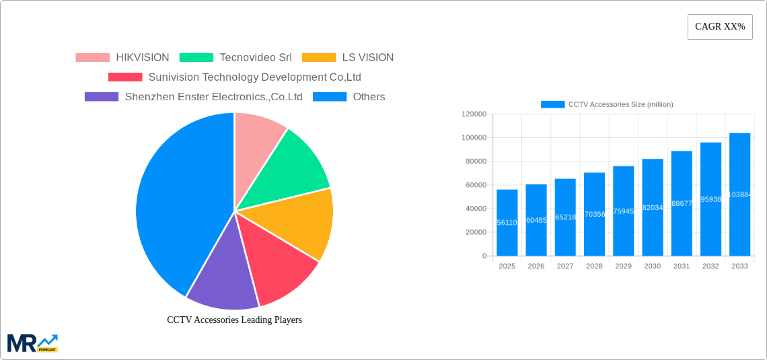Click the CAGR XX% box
coord(719,27)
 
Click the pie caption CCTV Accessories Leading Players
coord(234,320)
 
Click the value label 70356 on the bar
coord(594,215)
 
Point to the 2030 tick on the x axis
coord(652,266)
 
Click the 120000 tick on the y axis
coord(474,114)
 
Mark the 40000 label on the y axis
coord(476,209)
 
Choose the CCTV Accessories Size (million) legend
coord(607,104)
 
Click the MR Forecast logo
coord(32,343)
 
